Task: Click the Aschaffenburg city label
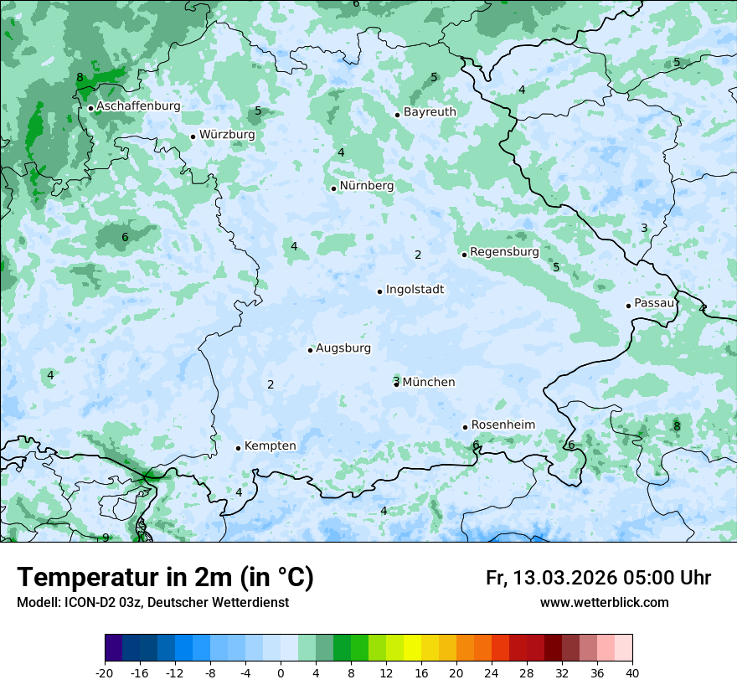138,106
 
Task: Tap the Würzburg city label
227,135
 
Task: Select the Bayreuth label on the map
430,112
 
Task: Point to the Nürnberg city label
367,186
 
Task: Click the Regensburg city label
504,252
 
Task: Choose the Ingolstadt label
415,290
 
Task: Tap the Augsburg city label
343,348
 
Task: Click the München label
429,383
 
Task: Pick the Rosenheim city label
502,425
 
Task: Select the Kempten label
270,446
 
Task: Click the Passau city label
654,303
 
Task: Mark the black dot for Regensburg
464,255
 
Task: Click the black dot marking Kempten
238,448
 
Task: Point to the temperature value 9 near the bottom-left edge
106,538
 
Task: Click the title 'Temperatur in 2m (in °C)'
165,578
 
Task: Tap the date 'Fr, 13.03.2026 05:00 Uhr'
598,578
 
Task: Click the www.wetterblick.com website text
604,603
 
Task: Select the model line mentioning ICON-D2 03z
152,603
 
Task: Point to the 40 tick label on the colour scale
632,672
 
